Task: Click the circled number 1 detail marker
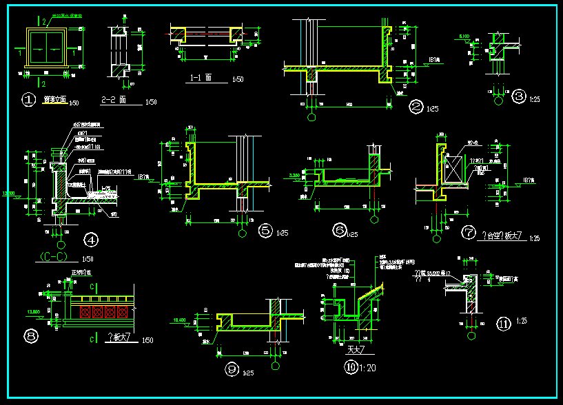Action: [x=29, y=101]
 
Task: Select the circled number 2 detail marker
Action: [x=416, y=107]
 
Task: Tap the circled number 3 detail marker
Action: [x=519, y=96]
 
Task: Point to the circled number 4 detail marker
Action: [x=90, y=240]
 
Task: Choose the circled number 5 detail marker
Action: [x=266, y=231]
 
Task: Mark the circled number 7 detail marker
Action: [x=469, y=233]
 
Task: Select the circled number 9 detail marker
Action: [x=231, y=370]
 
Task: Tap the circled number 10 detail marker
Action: [x=351, y=368]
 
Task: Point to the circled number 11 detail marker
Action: [x=503, y=322]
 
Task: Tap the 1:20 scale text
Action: [x=368, y=368]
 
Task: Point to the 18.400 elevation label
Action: [x=180, y=320]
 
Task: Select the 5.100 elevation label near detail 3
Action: [x=464, y=35]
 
